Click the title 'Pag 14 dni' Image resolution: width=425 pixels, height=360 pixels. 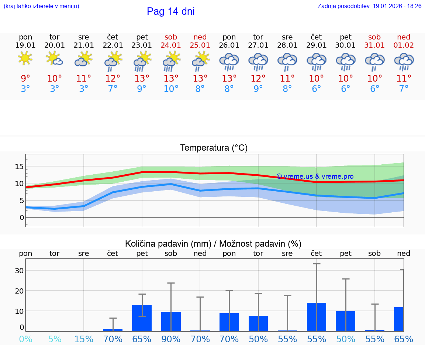tap(170, 11)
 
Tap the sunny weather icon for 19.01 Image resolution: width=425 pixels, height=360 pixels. tap(25, 58)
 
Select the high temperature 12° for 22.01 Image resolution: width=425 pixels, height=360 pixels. tap(113, 79)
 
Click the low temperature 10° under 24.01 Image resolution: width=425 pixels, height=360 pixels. tap(171, 89)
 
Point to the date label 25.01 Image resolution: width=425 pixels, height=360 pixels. tap(200, 45)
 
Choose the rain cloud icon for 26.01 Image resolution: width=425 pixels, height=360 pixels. tap(229, 61)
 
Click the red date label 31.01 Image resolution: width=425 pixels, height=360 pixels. tap(374, 45)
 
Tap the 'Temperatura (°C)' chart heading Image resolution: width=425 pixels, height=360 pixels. tap(214, 148)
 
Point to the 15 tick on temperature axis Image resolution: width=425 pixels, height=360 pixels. tap(19, 167)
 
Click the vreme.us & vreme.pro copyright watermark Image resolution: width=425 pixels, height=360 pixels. tap(315, 176)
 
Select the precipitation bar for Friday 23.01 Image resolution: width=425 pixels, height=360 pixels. tap(142, 318)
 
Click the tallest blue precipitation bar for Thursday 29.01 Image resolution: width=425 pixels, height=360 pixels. tap(317, 317)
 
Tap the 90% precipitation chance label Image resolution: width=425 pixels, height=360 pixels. tap(171, 339)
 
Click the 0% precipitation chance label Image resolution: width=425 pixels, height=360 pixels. tap(25, 339)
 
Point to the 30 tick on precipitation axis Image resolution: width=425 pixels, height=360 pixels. tap(19, 271)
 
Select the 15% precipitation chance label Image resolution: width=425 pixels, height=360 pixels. tap(84, 339)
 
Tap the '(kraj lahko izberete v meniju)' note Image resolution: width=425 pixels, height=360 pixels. tap(41, 6)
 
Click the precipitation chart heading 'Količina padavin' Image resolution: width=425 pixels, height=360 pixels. tap(213, 244)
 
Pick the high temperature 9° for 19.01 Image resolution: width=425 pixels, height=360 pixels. tap(25, 79)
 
